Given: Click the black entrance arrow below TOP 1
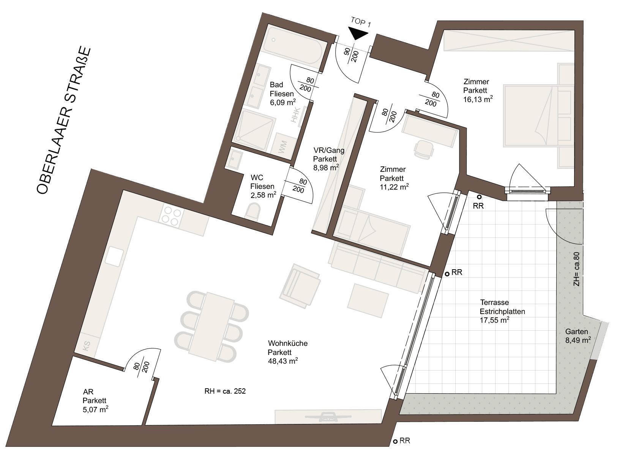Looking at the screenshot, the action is [x=358, y=33].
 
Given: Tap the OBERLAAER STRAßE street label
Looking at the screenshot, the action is [x=64, y=120].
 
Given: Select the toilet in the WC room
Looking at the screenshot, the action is [x=252, y=212].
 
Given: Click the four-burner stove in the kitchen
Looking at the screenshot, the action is [x=171, y=217].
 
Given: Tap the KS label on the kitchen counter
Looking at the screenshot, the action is [x=87, y=346].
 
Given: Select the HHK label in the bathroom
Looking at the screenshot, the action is [x=295, y=115].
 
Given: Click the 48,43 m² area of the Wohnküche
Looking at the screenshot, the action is [x=283, y=361].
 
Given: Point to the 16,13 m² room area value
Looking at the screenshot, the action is [x=478, y=99].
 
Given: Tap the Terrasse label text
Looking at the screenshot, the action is [x=494, y=302].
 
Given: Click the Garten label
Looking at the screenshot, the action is [x=576, y=331].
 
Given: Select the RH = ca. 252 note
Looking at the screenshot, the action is [x=225, y=391].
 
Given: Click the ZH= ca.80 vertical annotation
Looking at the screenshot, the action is [x=576, y=269].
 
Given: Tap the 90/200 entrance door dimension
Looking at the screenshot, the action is [x=351, y=55].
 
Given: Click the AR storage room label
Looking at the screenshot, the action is [x=88, y=392].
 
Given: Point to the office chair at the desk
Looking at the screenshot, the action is [x=423, y=150].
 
